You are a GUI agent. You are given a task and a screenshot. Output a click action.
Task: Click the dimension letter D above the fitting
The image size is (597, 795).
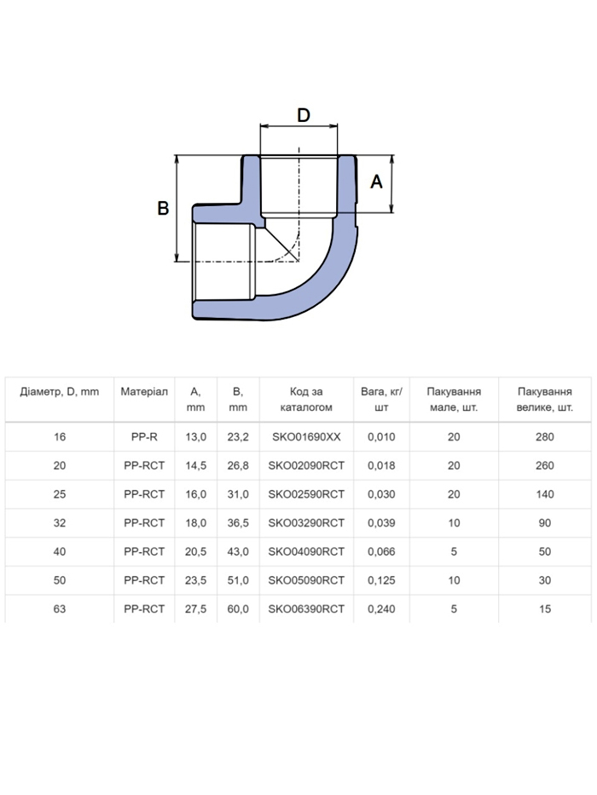pos(303,116)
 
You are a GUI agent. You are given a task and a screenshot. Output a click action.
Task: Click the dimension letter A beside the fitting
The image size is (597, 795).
pos(376,181)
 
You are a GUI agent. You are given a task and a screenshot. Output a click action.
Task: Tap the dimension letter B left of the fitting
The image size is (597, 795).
pos(163,209)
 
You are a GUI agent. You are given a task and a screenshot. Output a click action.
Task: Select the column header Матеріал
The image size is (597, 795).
pos(144,392)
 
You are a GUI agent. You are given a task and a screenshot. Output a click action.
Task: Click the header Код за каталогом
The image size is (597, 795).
pos(306,400)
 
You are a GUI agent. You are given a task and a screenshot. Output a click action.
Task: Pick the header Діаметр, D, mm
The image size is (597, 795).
pos(60,392)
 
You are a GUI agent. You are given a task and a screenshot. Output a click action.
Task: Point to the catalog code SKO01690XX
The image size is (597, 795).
pos(306,437)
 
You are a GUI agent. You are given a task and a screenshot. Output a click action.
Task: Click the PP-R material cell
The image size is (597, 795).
pos(144,437)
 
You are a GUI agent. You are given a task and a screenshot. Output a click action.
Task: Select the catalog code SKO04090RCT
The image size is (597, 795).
pos(306,551)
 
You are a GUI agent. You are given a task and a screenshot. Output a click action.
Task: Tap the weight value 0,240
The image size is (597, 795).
pos(381,609)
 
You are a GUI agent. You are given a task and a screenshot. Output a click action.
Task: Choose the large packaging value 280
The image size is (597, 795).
pos(545,437)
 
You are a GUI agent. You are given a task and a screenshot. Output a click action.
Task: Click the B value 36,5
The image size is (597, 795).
pos(238,522)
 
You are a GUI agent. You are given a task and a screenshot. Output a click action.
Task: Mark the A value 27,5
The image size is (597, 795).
pos(195,609)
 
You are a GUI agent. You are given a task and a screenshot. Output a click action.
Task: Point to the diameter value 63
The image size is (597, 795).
pos(60,609)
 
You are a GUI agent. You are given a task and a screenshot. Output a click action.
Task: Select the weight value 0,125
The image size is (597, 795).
pos(381,580)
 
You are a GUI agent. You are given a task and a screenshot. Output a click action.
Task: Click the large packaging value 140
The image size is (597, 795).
pos(545,494)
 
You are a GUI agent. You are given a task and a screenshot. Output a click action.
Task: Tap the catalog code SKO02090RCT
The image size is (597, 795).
pos(306,465)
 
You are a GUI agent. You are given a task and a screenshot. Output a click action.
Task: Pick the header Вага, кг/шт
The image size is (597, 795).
pos(381,400)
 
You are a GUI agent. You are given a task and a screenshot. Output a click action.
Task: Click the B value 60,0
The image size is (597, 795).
pos(238,609)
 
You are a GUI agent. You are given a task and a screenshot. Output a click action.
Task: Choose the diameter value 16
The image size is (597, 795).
pos(60,437)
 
